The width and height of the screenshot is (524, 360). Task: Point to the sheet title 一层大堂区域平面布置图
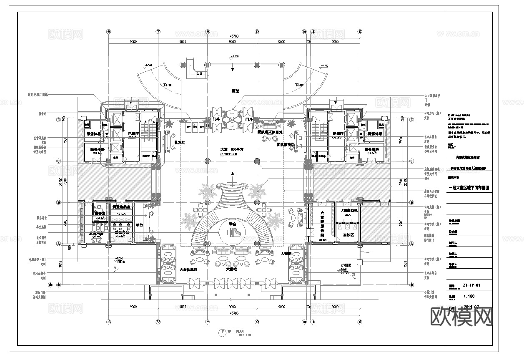[468, 188]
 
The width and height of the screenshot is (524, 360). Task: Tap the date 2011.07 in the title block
[470, 307]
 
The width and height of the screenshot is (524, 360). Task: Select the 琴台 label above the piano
[233, 224]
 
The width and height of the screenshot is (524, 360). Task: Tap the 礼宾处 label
[179, 142]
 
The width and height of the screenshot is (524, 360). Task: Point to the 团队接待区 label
[286, 145]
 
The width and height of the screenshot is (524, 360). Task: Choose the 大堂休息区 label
[188, 270]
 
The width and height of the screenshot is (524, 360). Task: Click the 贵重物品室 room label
[121, 207]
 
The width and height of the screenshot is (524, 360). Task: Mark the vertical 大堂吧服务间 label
[322, 225]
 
